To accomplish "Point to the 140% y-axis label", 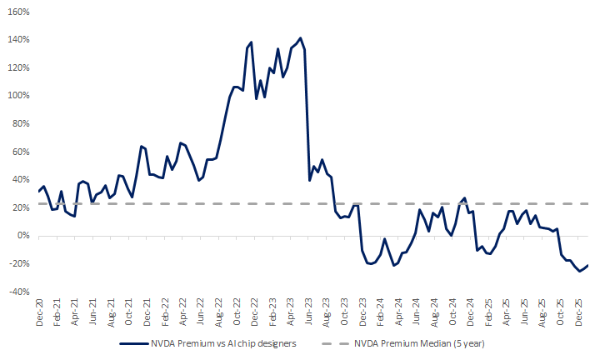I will point(19,39).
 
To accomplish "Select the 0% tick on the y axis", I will point(23,236).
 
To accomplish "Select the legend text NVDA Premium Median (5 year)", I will point(419,342).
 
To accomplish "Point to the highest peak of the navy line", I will point(300,37).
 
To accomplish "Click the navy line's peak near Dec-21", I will point(142,146).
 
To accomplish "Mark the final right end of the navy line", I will point(588,265).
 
